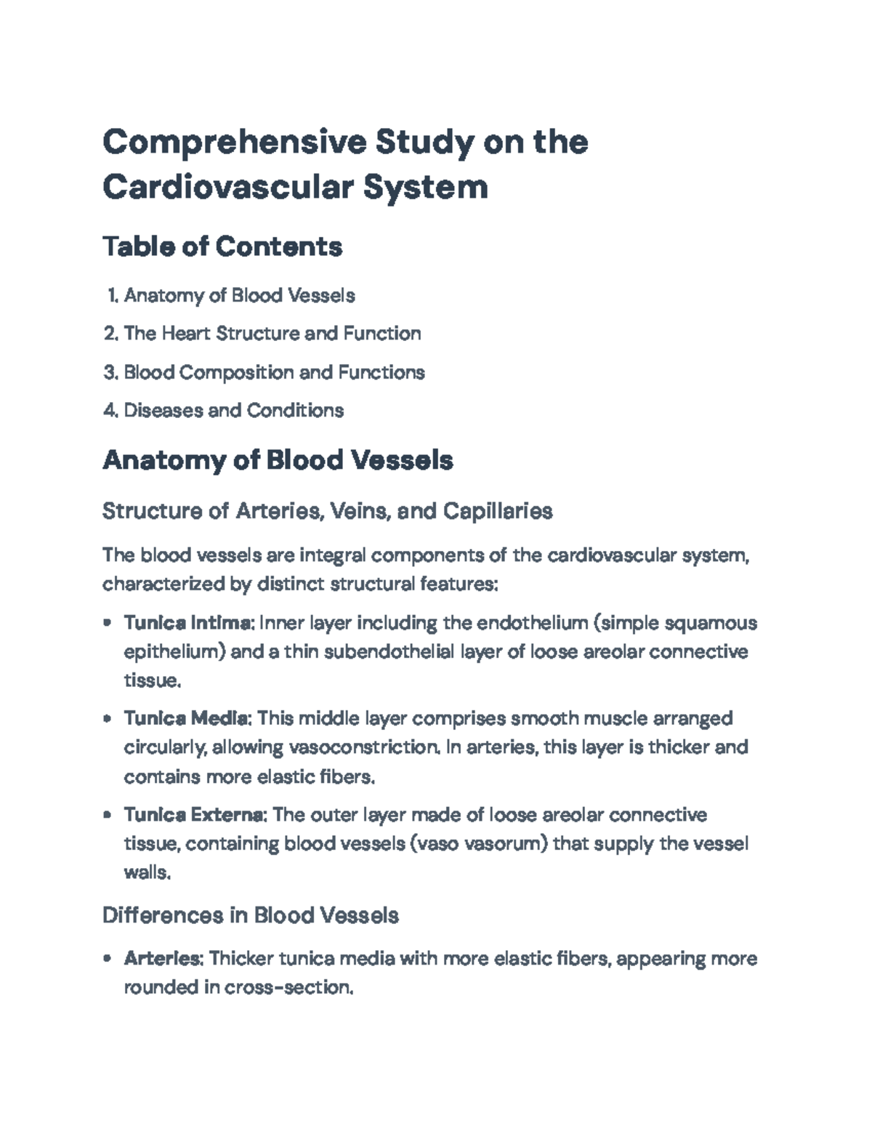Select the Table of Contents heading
tap(222, 247)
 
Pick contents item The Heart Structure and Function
tap(272, 334)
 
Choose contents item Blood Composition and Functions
tap(274, 372)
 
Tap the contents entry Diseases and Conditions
tap(233, 411)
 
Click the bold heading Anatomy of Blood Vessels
tap(278, 460)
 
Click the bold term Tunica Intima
tap(187, 623)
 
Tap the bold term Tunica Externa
tap(195, 814)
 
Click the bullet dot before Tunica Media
tap(108, 719)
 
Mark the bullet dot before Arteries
tap(108, 959)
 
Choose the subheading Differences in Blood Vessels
tap(250, 915)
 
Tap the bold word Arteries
tap(162, 959)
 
